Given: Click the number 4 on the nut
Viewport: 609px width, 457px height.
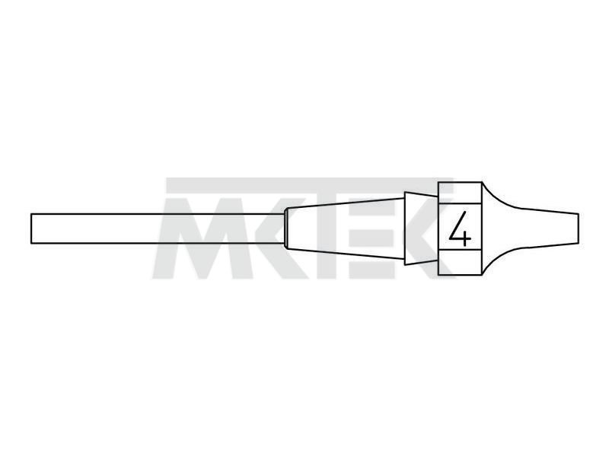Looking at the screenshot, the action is [x=461, y=228].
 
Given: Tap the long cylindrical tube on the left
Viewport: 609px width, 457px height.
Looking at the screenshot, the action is [x=158, y=228].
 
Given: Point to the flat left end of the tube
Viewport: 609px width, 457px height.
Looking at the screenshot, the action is [x=31, y=228].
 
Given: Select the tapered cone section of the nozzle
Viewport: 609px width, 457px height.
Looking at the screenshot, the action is [x=346, y=228].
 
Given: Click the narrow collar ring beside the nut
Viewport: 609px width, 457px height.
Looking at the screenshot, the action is [x=422, y=228].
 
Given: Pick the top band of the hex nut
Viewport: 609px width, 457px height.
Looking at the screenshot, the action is [x=461, y=193].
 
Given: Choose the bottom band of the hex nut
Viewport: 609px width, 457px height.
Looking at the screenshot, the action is [x=461, y=262].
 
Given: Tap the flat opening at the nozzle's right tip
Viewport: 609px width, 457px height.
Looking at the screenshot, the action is [x=579, y=228].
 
